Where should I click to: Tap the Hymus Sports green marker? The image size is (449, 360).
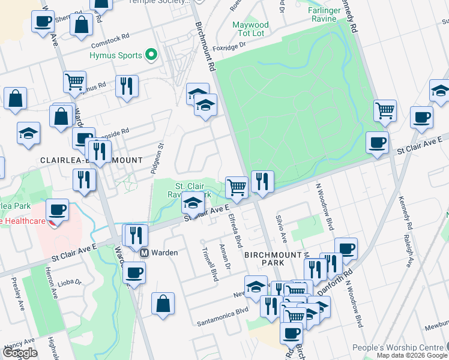click(x=151, y=56)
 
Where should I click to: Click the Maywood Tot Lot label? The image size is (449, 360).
click(x=250, y=29)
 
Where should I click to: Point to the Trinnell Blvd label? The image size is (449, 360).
click(x=209, y=265)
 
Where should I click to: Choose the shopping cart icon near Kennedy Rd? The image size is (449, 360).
click(x=384, y=110)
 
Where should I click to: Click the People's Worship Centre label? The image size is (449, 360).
click(x=398, y=347)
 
